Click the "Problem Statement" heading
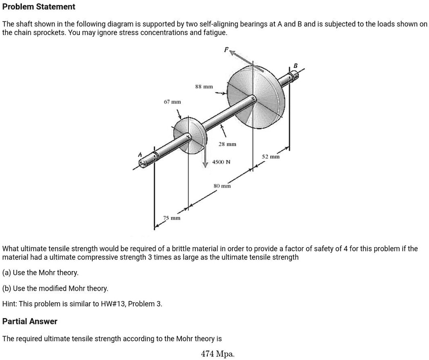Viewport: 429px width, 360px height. tap(39, 7)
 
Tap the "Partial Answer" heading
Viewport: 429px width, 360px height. tap(30, 321)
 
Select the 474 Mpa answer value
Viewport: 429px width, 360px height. tap(217, 354)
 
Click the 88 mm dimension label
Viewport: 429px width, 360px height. tap(204, 87)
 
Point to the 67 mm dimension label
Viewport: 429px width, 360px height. tap(172, 102)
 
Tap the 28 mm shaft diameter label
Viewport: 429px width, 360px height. tap(227, 145)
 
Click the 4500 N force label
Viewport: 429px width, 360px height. tap(221, 162)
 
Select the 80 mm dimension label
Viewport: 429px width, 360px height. tap(222, 186)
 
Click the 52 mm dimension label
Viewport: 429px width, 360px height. tap(271, 157)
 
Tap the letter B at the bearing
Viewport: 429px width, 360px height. tap(295, 65)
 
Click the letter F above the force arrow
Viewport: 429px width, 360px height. tap(226, 49)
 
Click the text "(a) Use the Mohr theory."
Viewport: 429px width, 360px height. tap(41, 272)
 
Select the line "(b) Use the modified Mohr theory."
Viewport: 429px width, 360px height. tap(55, 288)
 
